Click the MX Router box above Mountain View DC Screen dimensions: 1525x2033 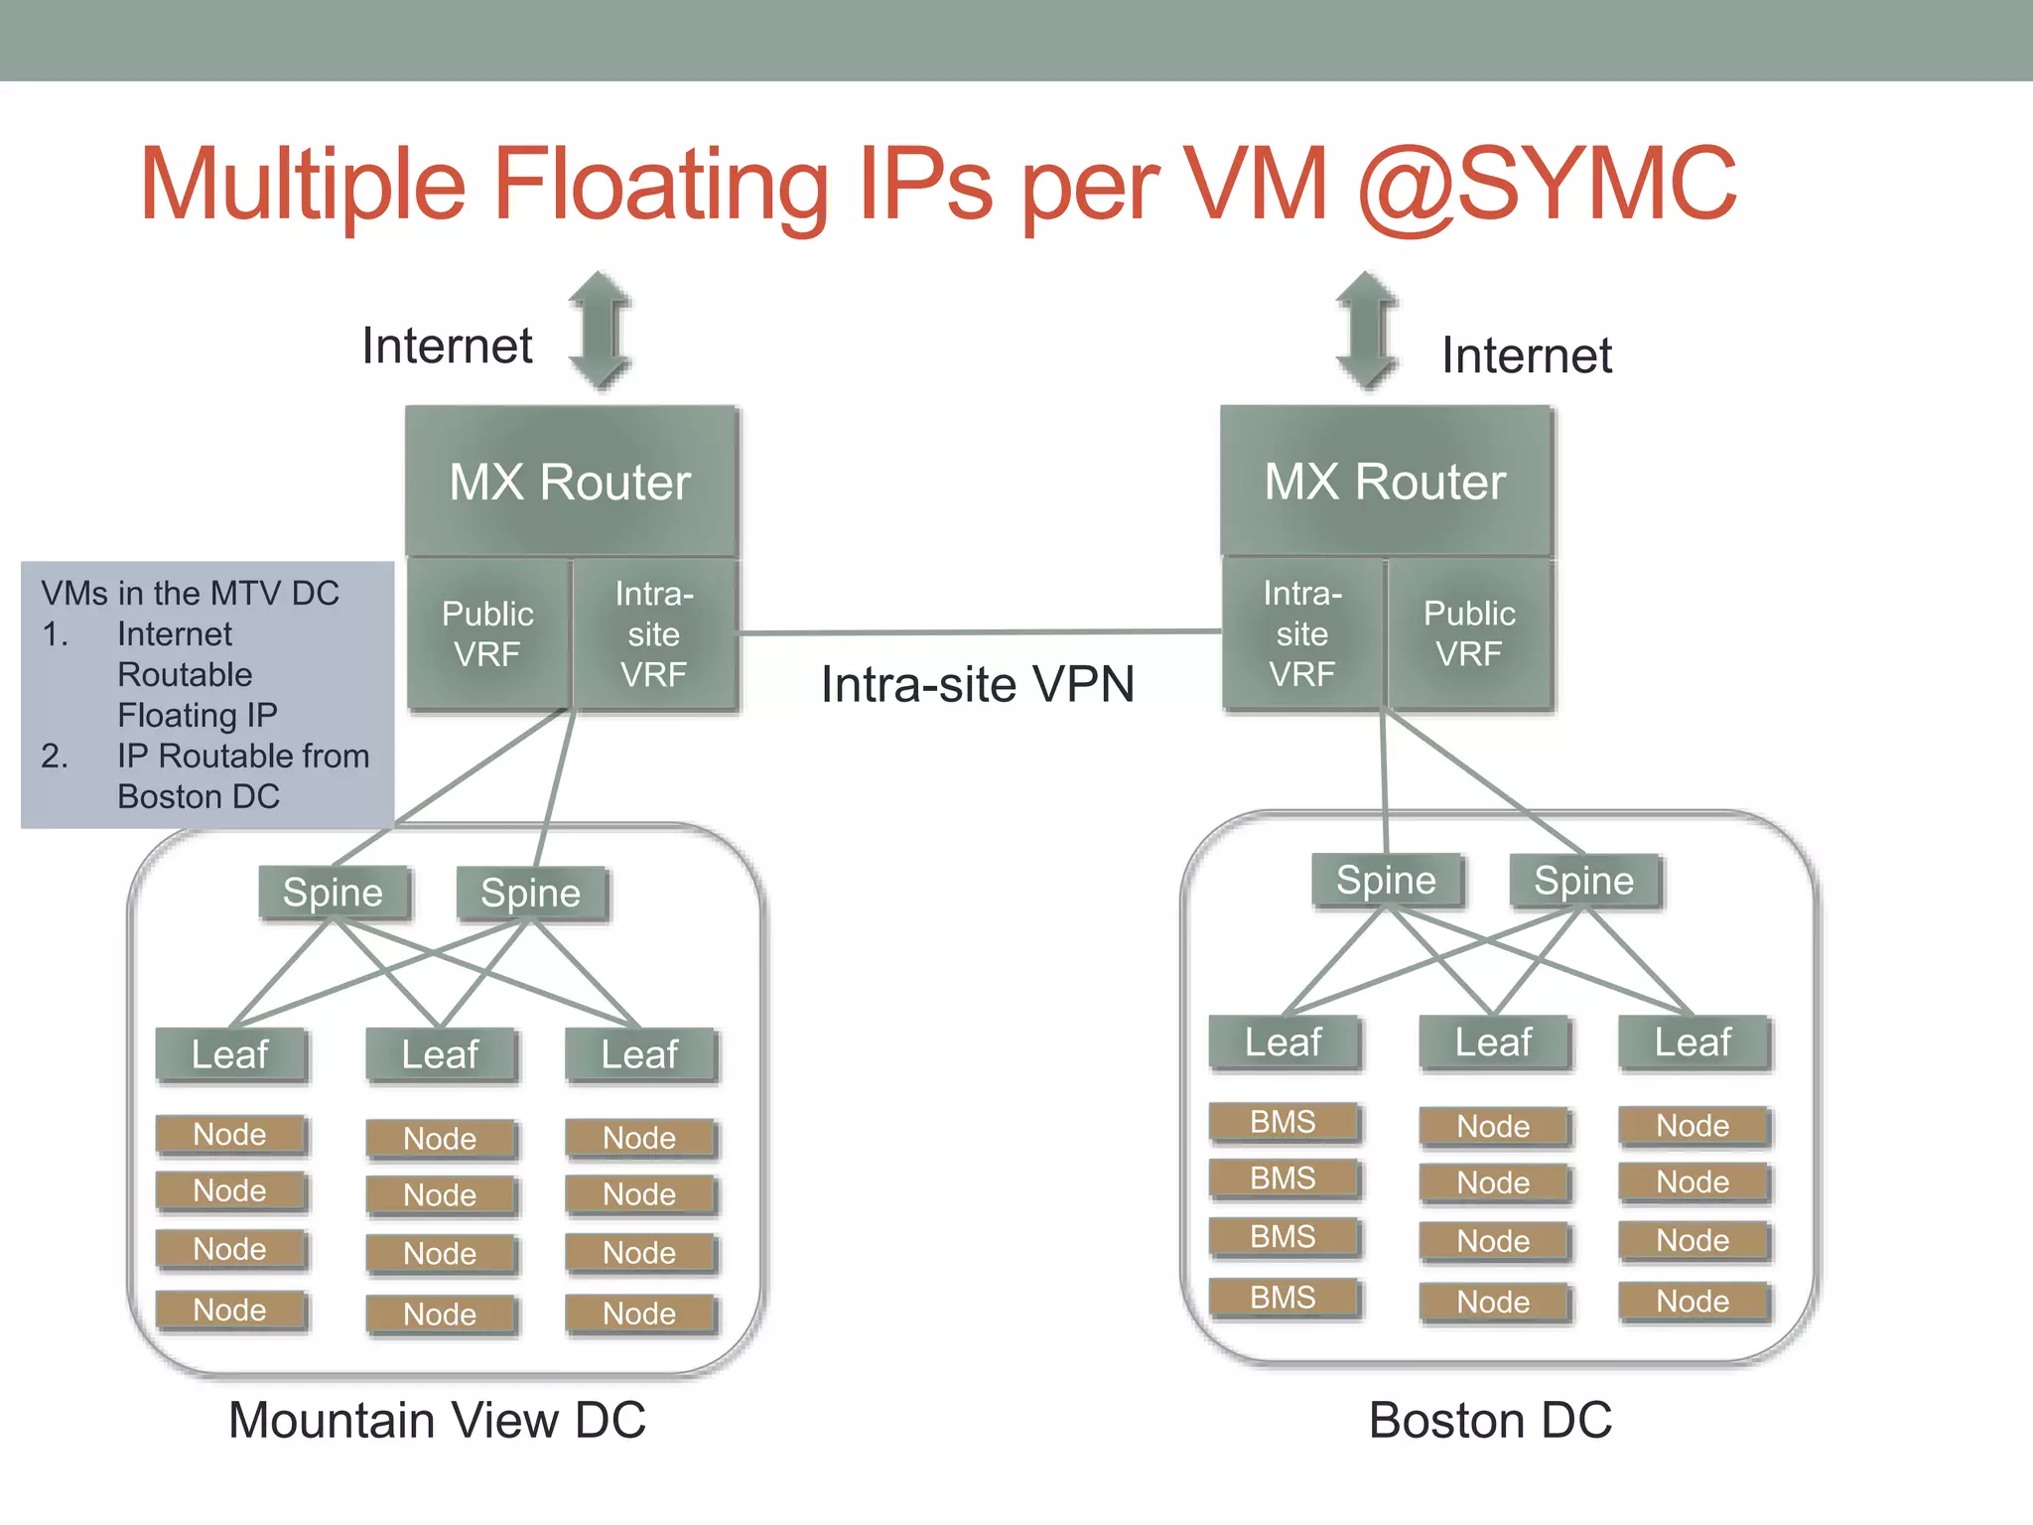click(x=571, y=482)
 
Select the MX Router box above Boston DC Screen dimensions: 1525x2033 click(x=1385, y=482)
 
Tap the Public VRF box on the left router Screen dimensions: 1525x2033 click(x=487, y=633)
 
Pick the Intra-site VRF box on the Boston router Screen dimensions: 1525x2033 click(x=1302, y=633)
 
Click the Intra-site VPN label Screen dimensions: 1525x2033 click(x=978, y=684)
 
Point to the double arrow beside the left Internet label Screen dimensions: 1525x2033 click(x=600, y=331)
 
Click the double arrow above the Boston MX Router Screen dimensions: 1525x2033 click(x=1367, y=331)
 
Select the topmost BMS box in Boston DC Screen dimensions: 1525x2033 click(x=1283, y=1122)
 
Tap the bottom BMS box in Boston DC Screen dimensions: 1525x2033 click(x=1283, y=1298)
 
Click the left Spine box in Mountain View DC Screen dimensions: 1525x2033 click(x=333, y=893)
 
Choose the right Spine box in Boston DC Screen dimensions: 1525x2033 click(x=1584, y=881)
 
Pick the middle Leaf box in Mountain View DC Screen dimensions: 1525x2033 click(x=440, y=1054)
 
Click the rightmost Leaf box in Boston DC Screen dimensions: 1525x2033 click(x=1693, y=1042)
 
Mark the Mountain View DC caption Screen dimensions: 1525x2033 click(x=437, y=1420)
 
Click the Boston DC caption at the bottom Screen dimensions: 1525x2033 click(x=1490, y=1420)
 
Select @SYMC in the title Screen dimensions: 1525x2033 click(x=1547, y=185)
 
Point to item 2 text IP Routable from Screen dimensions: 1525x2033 click(x=243, y=757)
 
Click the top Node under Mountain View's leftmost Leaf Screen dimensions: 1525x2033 click(x=230, y=1134)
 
